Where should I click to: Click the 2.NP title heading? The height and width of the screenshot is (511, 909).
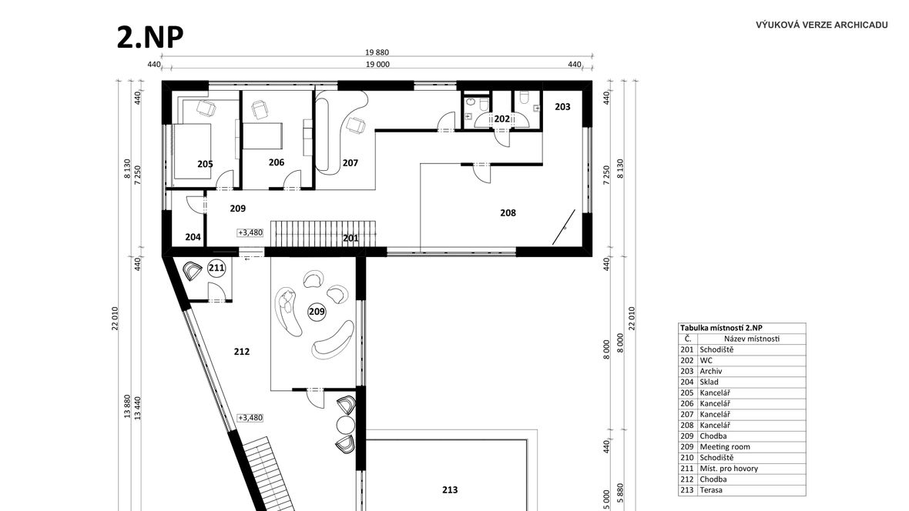point(150,38)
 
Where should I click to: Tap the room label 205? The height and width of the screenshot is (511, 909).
point(205,164)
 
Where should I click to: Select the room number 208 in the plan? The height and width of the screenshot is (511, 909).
point(508,212)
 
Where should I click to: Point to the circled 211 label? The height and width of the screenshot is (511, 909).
point(216,269)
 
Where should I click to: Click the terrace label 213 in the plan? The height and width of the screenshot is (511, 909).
point(450,489)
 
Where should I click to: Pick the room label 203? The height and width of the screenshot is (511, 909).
point(562,107)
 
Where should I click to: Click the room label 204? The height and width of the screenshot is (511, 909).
point(193,237)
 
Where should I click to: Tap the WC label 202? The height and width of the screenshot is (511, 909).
point(502,119)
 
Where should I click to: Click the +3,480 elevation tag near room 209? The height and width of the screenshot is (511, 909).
point(250,232)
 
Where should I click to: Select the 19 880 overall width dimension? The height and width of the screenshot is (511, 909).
point(377,53)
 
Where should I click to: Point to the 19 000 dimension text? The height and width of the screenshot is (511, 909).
point(377,65)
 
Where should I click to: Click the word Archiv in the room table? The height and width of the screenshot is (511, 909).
point(711,371)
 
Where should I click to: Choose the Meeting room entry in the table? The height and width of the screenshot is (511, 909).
point(725,446)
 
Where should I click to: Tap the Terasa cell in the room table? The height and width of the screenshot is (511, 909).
point(711,490)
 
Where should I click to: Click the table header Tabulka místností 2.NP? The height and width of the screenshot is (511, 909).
point(721,328)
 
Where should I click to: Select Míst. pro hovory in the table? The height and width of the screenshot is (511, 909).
point(729,468)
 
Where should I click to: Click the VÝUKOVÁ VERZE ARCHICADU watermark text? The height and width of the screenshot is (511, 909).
point(821,25)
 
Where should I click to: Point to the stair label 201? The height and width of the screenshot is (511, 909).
point(351,238)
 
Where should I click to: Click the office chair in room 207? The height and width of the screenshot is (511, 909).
point(354,125)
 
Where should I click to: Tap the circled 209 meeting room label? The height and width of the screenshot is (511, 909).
point(317,312)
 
